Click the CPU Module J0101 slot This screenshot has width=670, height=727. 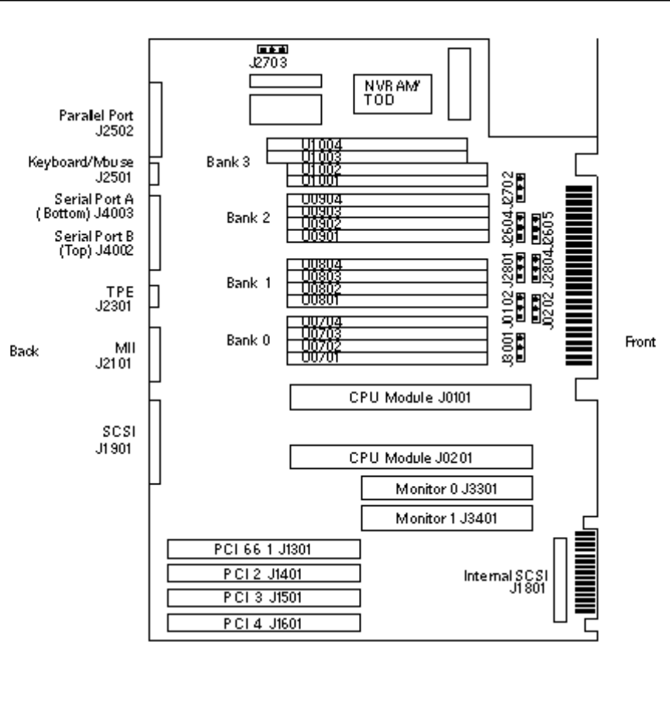[410, 398]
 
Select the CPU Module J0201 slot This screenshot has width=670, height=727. [411, 457]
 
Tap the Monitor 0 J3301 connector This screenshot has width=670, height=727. [446, 487]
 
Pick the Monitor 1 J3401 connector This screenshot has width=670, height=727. [446, 518]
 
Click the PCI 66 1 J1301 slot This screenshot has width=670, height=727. [264, 549]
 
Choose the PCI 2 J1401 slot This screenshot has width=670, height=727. [264, 573]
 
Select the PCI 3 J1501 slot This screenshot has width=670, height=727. [264, 598]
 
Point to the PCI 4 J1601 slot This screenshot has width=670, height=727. [264, 623]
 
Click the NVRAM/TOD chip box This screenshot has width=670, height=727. [386, 93]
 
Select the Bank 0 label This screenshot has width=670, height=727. [248, 338]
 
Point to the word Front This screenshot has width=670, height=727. [641, 341]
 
